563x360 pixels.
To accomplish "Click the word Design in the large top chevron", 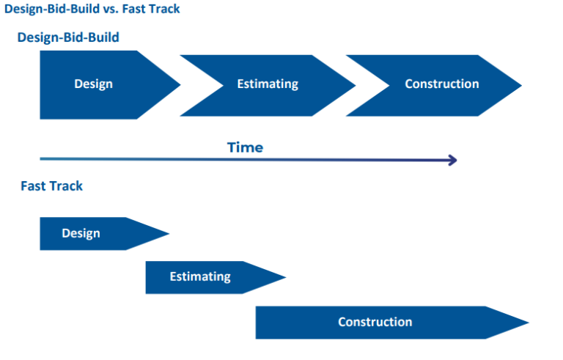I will click(93, 84).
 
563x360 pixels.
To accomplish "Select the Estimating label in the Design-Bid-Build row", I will click(268, 84).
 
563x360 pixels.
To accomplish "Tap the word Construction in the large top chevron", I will click(441, 84).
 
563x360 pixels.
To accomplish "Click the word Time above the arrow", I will click(245, 147).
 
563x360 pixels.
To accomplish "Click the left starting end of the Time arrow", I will click(42, 158).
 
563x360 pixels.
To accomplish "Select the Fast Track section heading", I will click(51, 186).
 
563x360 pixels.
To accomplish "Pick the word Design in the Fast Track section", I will click(81, 233).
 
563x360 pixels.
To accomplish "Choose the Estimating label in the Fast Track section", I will click(200, 276).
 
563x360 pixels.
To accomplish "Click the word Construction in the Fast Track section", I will click(375, 322).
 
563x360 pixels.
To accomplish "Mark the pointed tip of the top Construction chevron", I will click(521, 84).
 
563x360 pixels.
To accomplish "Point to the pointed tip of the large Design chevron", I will click(180, 84).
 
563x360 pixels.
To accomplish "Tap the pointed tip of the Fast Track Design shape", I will click(169, 234).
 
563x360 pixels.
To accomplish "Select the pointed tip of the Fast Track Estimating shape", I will click(285, 277).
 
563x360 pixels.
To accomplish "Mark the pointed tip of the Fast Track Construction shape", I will click(529, 323).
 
